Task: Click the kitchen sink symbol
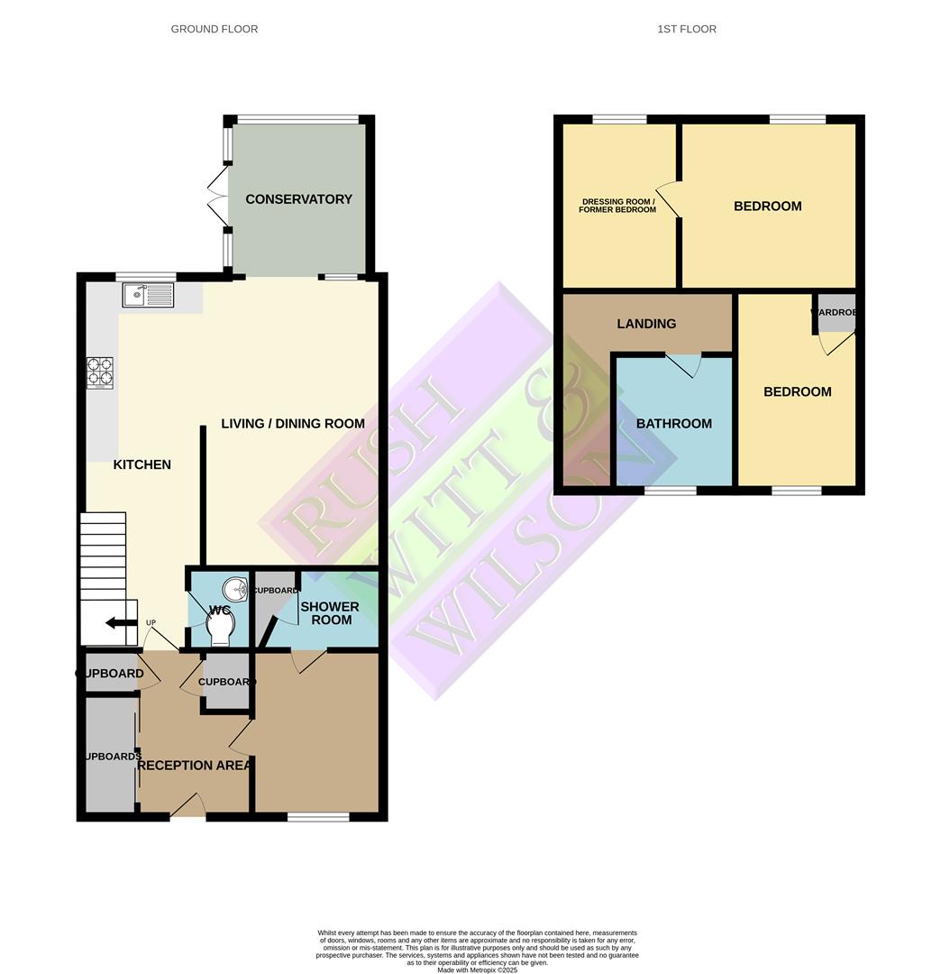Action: tap(147, 294)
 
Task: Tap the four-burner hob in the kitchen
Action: tap(100, 373)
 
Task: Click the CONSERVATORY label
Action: tap(298, 199)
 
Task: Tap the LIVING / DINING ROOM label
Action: tap(293, 423)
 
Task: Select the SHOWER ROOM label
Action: tap(329, 613)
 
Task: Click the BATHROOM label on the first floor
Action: tap(674, 424)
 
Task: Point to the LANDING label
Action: tap(646, 324)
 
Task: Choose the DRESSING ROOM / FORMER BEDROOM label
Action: tap(618, 206)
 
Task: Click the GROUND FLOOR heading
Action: tap(215, 29)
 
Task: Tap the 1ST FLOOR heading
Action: tap(687, 29)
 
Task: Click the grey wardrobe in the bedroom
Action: tap(835, 312)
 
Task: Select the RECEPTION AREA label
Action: tap(194, 766)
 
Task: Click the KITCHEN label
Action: tap(142, 464)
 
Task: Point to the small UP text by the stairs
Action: tap(151, 622)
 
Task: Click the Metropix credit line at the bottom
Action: tap(478, 969)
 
